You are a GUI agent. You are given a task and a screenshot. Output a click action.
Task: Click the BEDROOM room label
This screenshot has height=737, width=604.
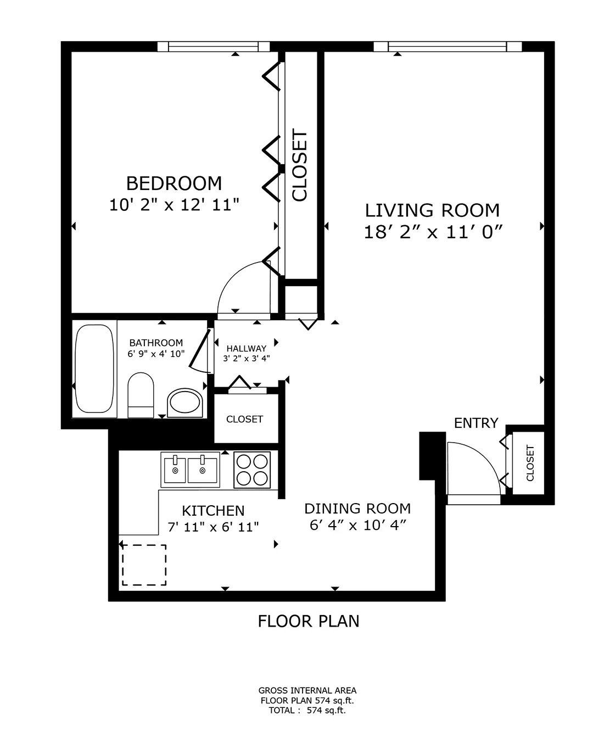point(174,183)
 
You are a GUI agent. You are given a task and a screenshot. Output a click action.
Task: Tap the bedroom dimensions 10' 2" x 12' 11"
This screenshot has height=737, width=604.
point(174,205)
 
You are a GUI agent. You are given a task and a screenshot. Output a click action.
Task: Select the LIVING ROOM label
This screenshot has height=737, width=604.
point(433,210)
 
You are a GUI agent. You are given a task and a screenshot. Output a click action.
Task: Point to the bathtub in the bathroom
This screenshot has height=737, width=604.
point(94,369)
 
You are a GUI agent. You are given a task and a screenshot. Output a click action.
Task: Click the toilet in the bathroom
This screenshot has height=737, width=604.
point(141,395)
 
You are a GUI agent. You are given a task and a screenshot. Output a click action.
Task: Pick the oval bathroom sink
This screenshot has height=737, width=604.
point(185,403)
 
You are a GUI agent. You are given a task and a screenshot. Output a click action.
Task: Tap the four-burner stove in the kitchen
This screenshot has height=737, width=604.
point(252,470)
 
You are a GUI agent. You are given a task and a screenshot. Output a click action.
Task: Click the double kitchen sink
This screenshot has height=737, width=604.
point(190,470)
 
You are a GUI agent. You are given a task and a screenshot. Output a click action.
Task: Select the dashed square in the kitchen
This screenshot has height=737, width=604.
point(144,565)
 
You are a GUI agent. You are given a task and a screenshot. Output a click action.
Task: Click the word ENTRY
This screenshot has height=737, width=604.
point(476,423)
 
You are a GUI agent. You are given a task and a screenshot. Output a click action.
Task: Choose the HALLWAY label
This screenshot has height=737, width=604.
point(247,348)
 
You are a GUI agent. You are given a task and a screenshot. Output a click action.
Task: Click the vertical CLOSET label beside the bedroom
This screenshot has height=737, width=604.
point(300,165)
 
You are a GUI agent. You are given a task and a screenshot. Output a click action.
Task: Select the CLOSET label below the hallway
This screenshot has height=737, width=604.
point(244,419)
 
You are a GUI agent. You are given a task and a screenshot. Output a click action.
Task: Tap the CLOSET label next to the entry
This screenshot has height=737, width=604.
point(530,462)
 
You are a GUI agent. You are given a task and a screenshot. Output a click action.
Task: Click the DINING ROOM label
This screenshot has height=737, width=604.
point(357,509)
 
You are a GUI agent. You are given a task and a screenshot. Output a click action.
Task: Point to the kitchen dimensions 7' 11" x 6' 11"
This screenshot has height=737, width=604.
point(213,527)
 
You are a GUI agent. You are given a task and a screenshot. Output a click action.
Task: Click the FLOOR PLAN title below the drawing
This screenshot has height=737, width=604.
point(309,621)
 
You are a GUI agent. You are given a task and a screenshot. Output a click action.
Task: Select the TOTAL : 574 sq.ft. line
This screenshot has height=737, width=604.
point(307,710)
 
